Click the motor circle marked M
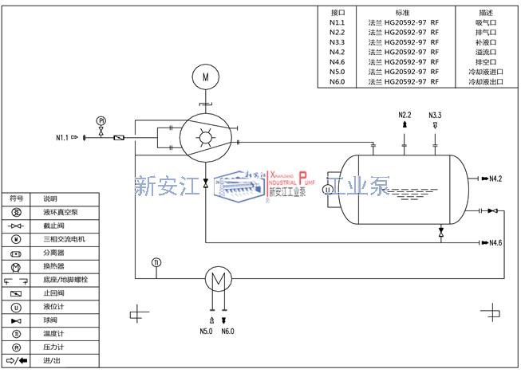[205, 77]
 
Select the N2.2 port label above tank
[405, 116]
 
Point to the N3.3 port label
[435, 116]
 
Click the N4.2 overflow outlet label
[495, 178]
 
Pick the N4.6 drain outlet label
[495, 242]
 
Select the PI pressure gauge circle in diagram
[101, 120]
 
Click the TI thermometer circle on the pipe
[156, 262]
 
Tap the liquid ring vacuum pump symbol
[205, 138]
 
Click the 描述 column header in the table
[486, 13]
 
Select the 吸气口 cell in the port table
[486, 23]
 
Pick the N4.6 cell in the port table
[337, 61]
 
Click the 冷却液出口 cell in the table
[486, 81]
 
